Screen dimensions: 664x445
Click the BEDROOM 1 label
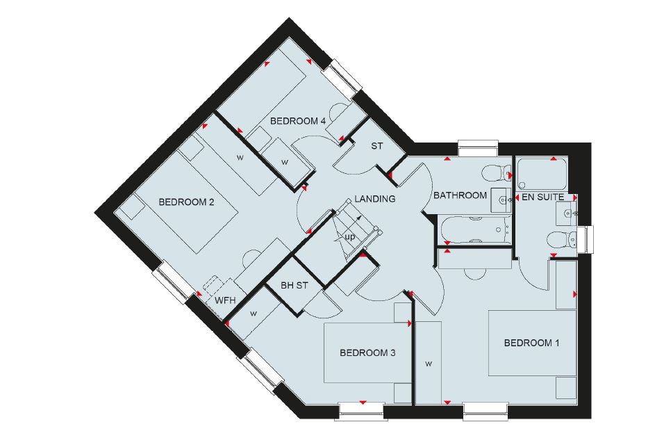tap(531, 342)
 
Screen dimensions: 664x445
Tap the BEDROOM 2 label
tap(186, 202)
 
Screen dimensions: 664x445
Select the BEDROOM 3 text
tap(367, 353)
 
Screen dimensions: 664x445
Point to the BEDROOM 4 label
tap(298, 121)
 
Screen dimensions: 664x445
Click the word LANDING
tap(375, 198)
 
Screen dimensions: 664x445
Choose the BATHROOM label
tap(460, 195)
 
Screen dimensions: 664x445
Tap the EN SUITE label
tap(543, 197)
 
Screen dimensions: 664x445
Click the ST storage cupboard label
tap(377, 146)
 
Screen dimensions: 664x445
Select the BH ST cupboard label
tap(294, 286)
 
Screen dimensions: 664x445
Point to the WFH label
tap(225, 301)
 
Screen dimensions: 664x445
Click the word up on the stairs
tap(350, 237)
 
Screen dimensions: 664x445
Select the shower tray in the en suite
tap(542, 175)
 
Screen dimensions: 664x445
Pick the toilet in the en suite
tap(562, 241)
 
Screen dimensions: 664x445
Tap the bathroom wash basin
tap(501, 200)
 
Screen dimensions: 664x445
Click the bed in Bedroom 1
tap(533, 343)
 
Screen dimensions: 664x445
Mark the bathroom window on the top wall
tap(478, 148)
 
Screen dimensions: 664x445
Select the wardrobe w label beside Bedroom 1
tap(429, 364)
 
